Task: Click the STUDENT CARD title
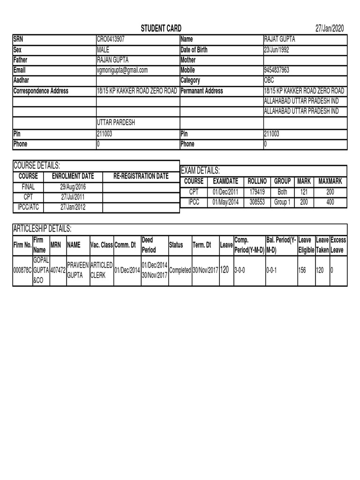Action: tap(161, 29)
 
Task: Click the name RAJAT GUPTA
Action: tap(280, 40)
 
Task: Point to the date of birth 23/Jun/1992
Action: tap(280, 50)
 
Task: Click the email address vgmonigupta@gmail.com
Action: tap(122, 70)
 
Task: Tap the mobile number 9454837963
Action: tap(277, 70)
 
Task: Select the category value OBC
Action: tap(269, 81)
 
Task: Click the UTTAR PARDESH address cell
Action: tap(116, 123)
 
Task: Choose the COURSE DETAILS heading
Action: tap(37, 165)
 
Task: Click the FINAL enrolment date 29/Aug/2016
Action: tap(73, 187)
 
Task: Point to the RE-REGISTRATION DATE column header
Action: tap(141, 176)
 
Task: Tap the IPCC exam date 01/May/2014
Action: tap(226, 202)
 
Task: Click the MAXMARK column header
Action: tap(330, 181)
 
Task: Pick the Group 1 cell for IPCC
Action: tap(282, 202)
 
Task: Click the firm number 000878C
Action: tap(22, 270)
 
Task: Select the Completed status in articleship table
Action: tap(180, 270)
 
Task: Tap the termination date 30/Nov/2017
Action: tap(205, 270)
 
